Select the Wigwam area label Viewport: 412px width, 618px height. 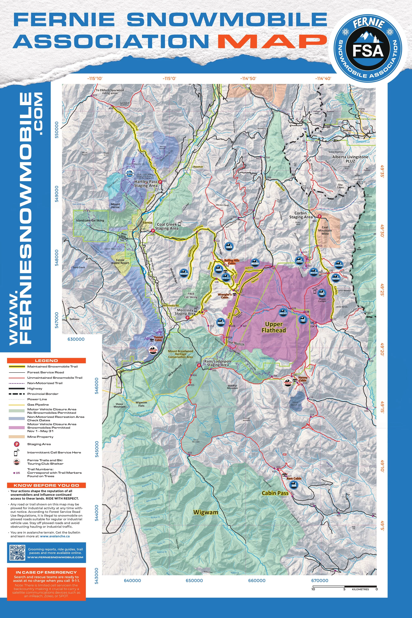(x=206, y=512)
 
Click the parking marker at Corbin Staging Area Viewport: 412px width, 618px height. (x=320, y=216)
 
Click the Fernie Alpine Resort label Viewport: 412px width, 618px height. (x=120, y=261)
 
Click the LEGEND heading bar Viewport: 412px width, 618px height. (x=46, y=361)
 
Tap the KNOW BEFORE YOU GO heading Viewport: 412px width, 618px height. (x=46, y=485)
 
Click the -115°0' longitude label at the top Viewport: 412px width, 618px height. (x=169, y=78)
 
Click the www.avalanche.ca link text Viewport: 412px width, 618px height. (x=55, y=536)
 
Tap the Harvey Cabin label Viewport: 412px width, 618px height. (x=303, y=379)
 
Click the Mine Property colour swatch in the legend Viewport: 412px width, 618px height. (x=16, y=437)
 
